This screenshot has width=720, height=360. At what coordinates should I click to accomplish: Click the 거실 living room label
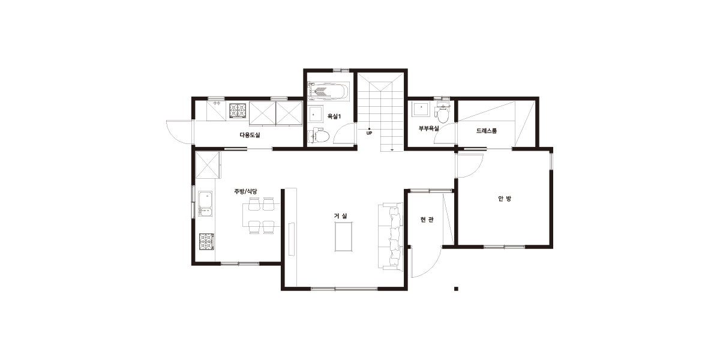tap(340, 216)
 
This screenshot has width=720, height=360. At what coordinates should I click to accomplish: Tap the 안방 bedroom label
tap(505, 199)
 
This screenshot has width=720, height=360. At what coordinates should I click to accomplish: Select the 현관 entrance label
tap(427, 220)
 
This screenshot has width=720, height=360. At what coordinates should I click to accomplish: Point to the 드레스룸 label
tap(487, 131)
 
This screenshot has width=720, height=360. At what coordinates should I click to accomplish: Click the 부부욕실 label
tap(428, 128)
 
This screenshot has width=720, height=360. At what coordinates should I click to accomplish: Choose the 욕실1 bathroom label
tap(334, 116)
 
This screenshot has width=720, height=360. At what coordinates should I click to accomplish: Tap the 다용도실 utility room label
tap(250, 135)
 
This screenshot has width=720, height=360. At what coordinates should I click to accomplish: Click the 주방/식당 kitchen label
tap(245, 191)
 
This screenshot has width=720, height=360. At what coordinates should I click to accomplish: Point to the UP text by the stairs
tap(369, 133)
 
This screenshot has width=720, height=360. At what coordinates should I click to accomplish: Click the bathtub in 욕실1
tap(328, 91)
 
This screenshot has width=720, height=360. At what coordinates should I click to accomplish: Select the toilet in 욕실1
tap(319, 136)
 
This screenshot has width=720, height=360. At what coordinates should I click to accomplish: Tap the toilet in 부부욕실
tap(442, 113)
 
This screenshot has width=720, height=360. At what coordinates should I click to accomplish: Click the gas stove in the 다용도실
tap(238, 110)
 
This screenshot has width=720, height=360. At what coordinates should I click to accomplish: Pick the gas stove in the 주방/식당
tap(206, 242)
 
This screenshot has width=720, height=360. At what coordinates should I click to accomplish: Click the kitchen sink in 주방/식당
tap(205, 204)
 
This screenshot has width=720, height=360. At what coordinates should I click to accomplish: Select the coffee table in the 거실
tap(344, 236)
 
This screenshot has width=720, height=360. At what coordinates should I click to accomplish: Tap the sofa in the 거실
tap(391, 236)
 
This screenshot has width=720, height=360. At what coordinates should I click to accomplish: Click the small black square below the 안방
tap(456, 289)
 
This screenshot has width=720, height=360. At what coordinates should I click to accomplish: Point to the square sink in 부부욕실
tap(421, 109)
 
